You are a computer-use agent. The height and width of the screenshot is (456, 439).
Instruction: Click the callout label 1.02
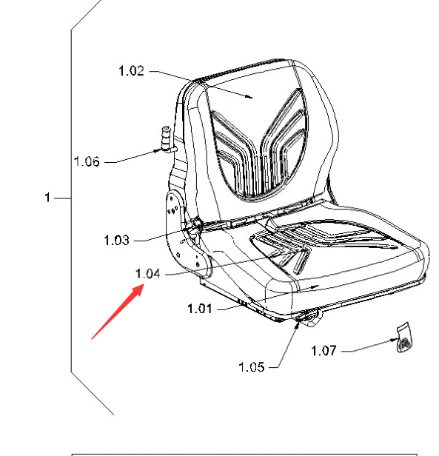point(131,70)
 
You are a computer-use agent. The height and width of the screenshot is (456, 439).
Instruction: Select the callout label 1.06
point(87,161)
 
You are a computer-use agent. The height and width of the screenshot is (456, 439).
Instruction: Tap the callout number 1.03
point(116,240)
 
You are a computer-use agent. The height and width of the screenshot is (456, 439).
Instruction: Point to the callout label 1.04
point(148,274)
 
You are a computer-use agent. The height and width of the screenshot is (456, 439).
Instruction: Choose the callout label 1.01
point(200,309)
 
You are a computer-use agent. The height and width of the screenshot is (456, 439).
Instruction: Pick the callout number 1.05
point(252,367)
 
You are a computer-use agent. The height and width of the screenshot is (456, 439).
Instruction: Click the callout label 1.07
point(324,351)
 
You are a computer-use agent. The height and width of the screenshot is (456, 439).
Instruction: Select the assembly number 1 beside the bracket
point(47,198)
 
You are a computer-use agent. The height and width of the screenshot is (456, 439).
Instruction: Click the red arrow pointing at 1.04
point(118,312)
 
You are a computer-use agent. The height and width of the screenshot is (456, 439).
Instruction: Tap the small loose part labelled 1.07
point(404,338)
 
